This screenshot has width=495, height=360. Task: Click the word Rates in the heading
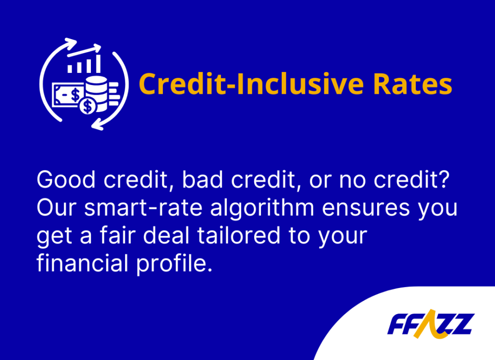click(413, 84)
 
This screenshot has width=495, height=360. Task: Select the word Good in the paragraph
click(66, 180)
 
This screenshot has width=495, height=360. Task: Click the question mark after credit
click(444, 179)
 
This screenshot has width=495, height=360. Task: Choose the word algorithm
click(262, 209)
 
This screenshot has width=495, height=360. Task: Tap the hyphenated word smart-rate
click(143, 208)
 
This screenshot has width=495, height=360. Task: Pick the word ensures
click(366, 209)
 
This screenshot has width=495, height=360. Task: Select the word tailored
click(239, 235)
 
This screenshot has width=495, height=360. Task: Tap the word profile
click(174, 264)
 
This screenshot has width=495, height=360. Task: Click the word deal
click(166, 235)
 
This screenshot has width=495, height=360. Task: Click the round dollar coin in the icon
click(88, 106)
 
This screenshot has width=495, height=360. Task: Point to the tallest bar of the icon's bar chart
click(98, 64)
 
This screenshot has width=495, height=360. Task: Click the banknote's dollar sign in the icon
click(75, 94)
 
